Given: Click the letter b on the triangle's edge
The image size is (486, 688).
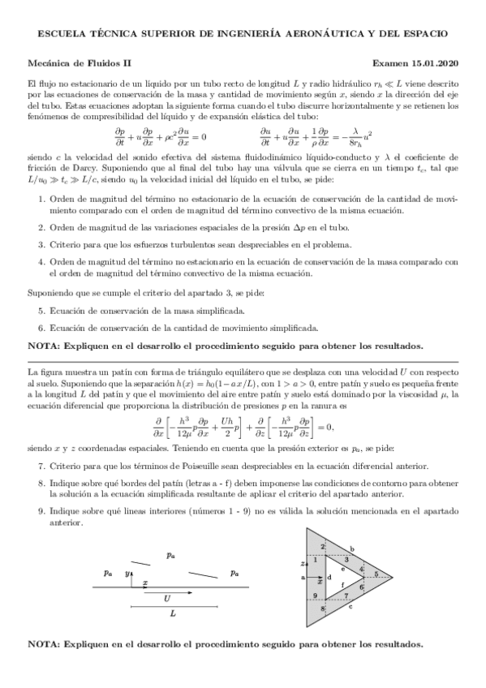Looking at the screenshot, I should [x=352, y=548].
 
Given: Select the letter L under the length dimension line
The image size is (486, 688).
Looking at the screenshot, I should [x=173, y=615].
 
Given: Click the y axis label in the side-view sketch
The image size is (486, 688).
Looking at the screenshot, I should [x=127, y=574].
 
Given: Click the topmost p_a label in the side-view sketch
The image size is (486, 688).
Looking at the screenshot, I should [x=170, y=556].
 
